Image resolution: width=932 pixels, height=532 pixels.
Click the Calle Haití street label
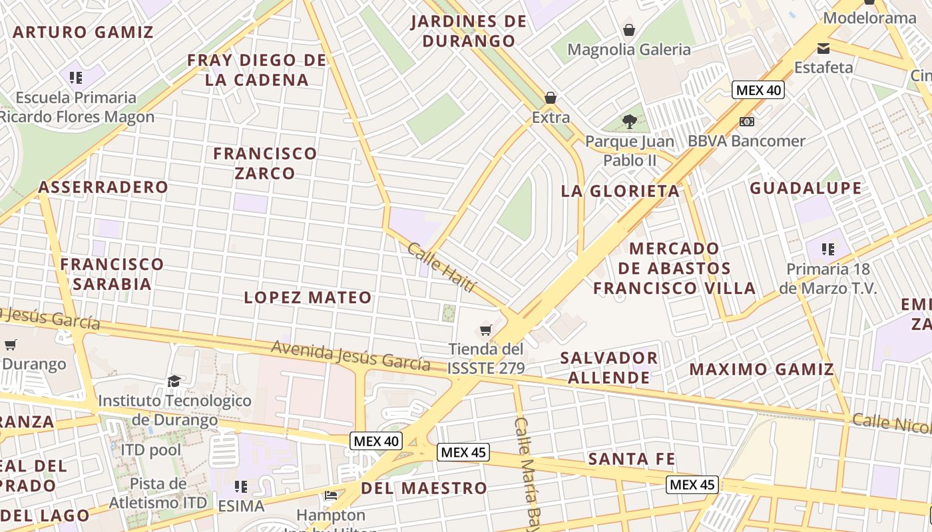tap(442, 267)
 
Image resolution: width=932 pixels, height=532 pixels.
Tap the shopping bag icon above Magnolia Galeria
tap(628, 30)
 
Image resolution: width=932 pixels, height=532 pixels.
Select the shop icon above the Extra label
tap(551, 98)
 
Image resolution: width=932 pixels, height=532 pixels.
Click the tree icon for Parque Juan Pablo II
tap(629, 122)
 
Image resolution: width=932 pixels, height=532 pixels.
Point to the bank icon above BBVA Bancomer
tap(747, 122)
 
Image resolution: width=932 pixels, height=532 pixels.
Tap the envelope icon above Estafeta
tap(823, 48)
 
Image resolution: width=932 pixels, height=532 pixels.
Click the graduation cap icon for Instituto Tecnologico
tap(174, 381)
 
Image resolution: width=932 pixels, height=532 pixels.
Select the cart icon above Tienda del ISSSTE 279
tap(486, 330)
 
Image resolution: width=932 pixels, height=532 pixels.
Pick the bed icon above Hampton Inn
tap(331, 495)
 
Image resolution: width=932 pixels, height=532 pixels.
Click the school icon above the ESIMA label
tap(241, 486)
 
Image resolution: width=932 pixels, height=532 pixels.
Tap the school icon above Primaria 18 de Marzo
tap(827, 249)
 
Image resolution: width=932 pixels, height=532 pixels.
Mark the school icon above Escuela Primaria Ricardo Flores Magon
tap(76, 78)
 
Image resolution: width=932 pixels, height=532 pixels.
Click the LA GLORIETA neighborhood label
tap(620, 192)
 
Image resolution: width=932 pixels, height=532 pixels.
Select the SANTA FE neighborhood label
tap(631, 459)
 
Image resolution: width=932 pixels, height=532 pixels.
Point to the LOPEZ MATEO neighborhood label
tap(308, 297)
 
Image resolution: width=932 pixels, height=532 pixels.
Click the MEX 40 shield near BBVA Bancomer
tap(758, 90)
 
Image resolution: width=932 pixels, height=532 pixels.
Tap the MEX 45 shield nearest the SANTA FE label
tap(692, 485)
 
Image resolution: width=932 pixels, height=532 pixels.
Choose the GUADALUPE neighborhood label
tap(806, 188)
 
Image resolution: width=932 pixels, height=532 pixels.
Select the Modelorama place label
tap(869, 18)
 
